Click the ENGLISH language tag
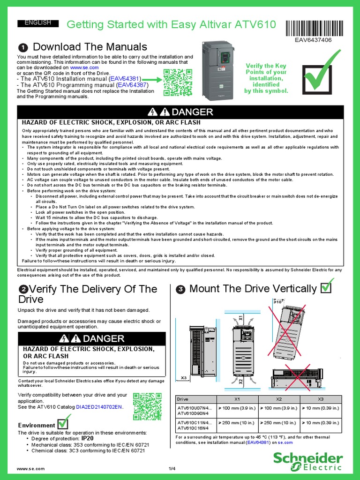click(37, 23)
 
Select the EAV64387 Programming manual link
click(133, 85)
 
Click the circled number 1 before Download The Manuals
click(22, 47)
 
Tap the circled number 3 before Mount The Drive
click(180, 290)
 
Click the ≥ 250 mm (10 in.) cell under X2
click(278, 422)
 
